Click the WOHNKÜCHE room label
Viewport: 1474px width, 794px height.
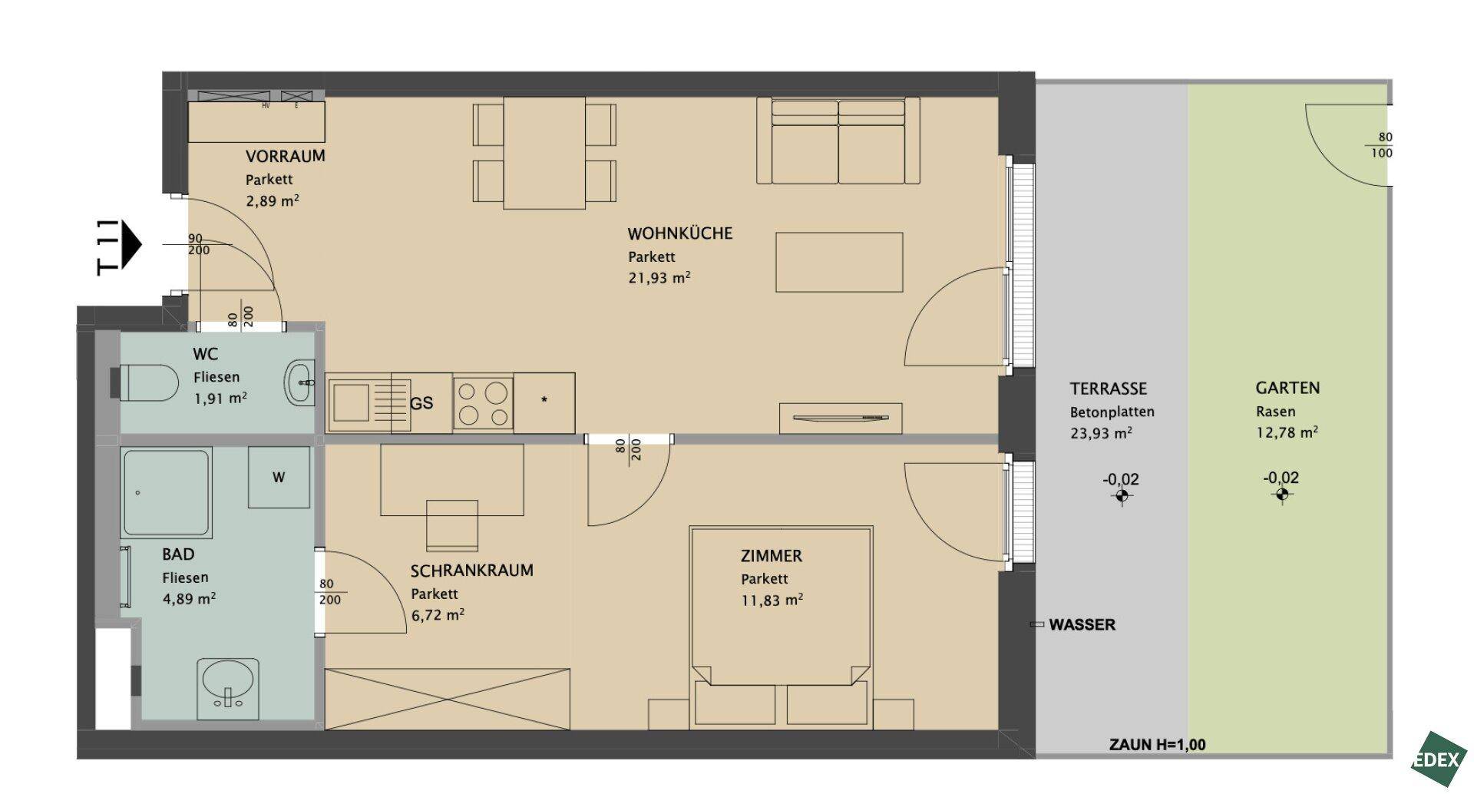[679, 233]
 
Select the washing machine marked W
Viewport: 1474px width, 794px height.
[279, 477]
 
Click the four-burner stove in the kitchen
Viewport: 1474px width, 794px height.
[483, 403]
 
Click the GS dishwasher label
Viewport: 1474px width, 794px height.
[421, 403]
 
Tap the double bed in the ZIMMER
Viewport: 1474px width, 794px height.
[782, 627]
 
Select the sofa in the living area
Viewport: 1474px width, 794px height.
[838, 141]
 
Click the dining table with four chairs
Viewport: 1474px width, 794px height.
[544, 153]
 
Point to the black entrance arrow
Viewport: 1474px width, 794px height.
[131, 244]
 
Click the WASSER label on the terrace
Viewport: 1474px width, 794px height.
[1082, 625]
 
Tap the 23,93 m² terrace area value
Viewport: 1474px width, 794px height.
[1101, 433]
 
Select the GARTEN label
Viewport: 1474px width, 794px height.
[1287, 388]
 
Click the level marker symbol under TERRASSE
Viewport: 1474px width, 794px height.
[1122, 496]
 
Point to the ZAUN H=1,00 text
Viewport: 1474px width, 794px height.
[1158, 745]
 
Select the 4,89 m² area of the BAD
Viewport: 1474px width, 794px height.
[189, 599]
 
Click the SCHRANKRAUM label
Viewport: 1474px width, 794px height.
[471, 571]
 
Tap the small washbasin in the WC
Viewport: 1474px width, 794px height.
[299, 382]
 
